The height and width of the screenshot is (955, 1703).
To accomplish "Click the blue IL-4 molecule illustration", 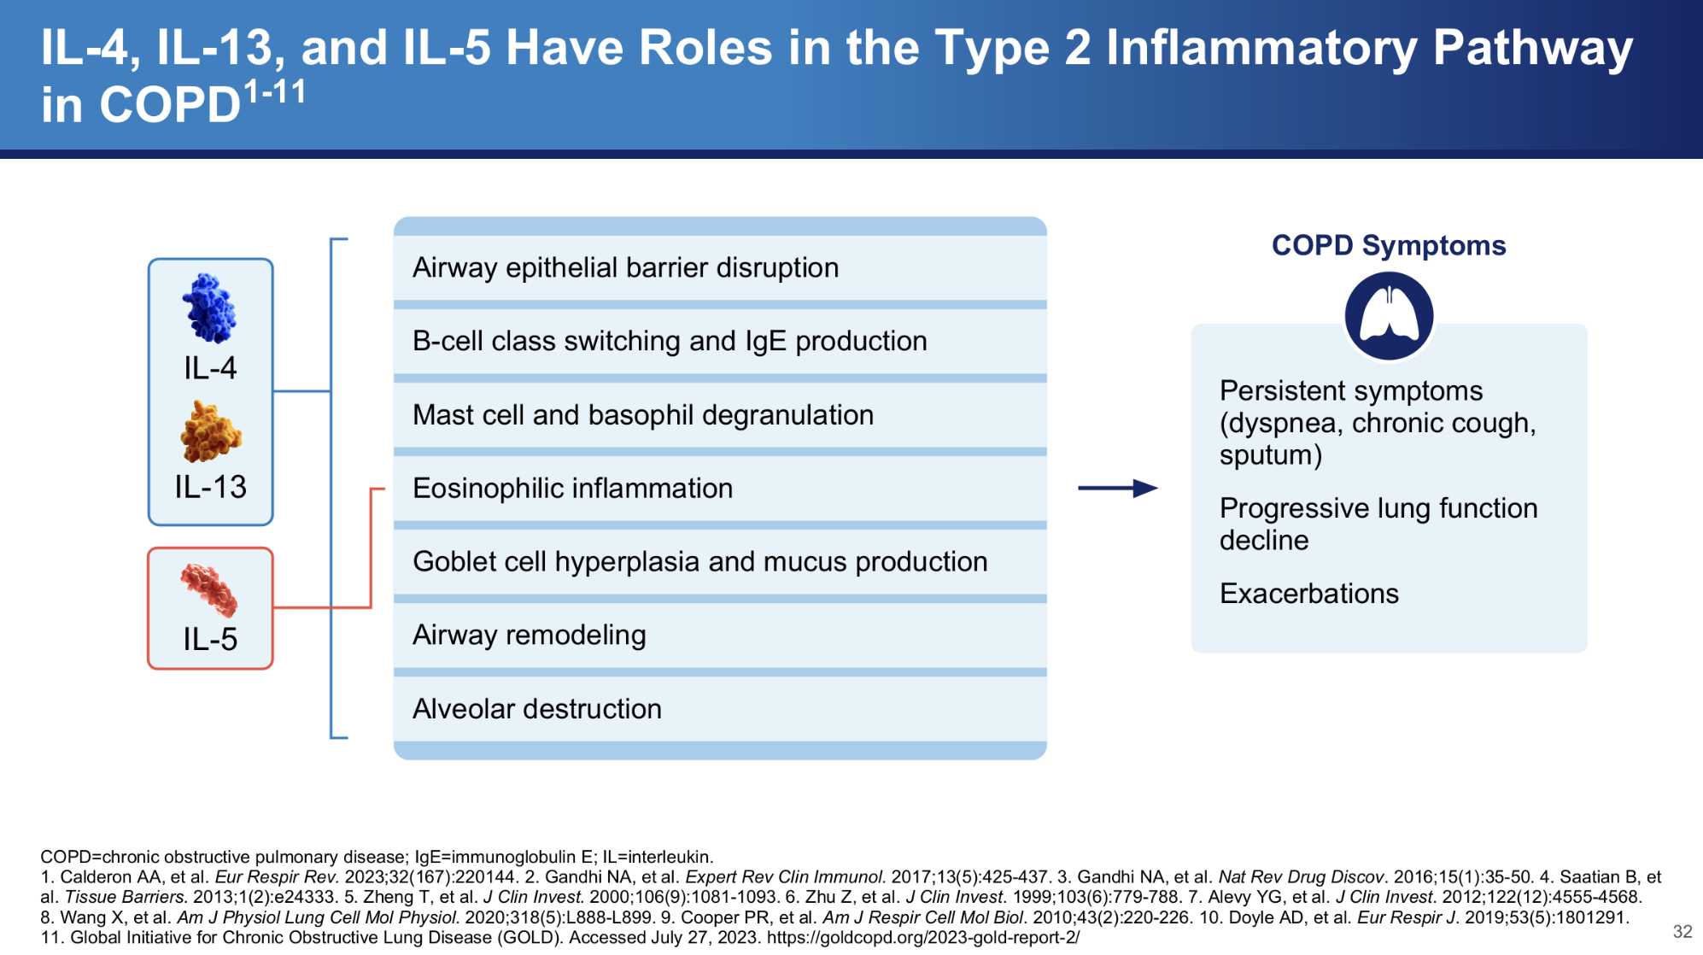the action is [209, 308].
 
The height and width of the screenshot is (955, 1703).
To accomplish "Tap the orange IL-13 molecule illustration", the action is [211, 431].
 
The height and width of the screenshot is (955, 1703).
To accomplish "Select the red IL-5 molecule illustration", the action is [209, 589].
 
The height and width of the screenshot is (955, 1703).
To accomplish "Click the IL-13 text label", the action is [210, 487].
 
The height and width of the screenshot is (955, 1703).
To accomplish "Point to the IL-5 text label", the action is [210, 639].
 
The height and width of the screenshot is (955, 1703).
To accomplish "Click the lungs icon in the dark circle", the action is [1389, 315].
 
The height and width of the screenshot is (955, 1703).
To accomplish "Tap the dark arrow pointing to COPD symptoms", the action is [1118, 489].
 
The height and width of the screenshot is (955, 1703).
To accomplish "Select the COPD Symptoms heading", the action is [1389, 245].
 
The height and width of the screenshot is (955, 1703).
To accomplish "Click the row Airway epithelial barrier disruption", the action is [720, 268].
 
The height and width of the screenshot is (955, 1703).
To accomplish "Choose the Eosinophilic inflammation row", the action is [720, 489].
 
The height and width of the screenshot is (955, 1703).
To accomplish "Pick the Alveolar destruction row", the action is [720, 709].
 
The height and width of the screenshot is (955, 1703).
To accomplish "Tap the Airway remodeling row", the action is [720, 636].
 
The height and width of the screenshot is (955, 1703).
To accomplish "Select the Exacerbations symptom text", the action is [1309, 594].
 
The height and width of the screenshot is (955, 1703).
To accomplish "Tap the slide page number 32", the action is [1683, 931].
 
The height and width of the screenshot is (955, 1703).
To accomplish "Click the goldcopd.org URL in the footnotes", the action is [923, 937].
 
